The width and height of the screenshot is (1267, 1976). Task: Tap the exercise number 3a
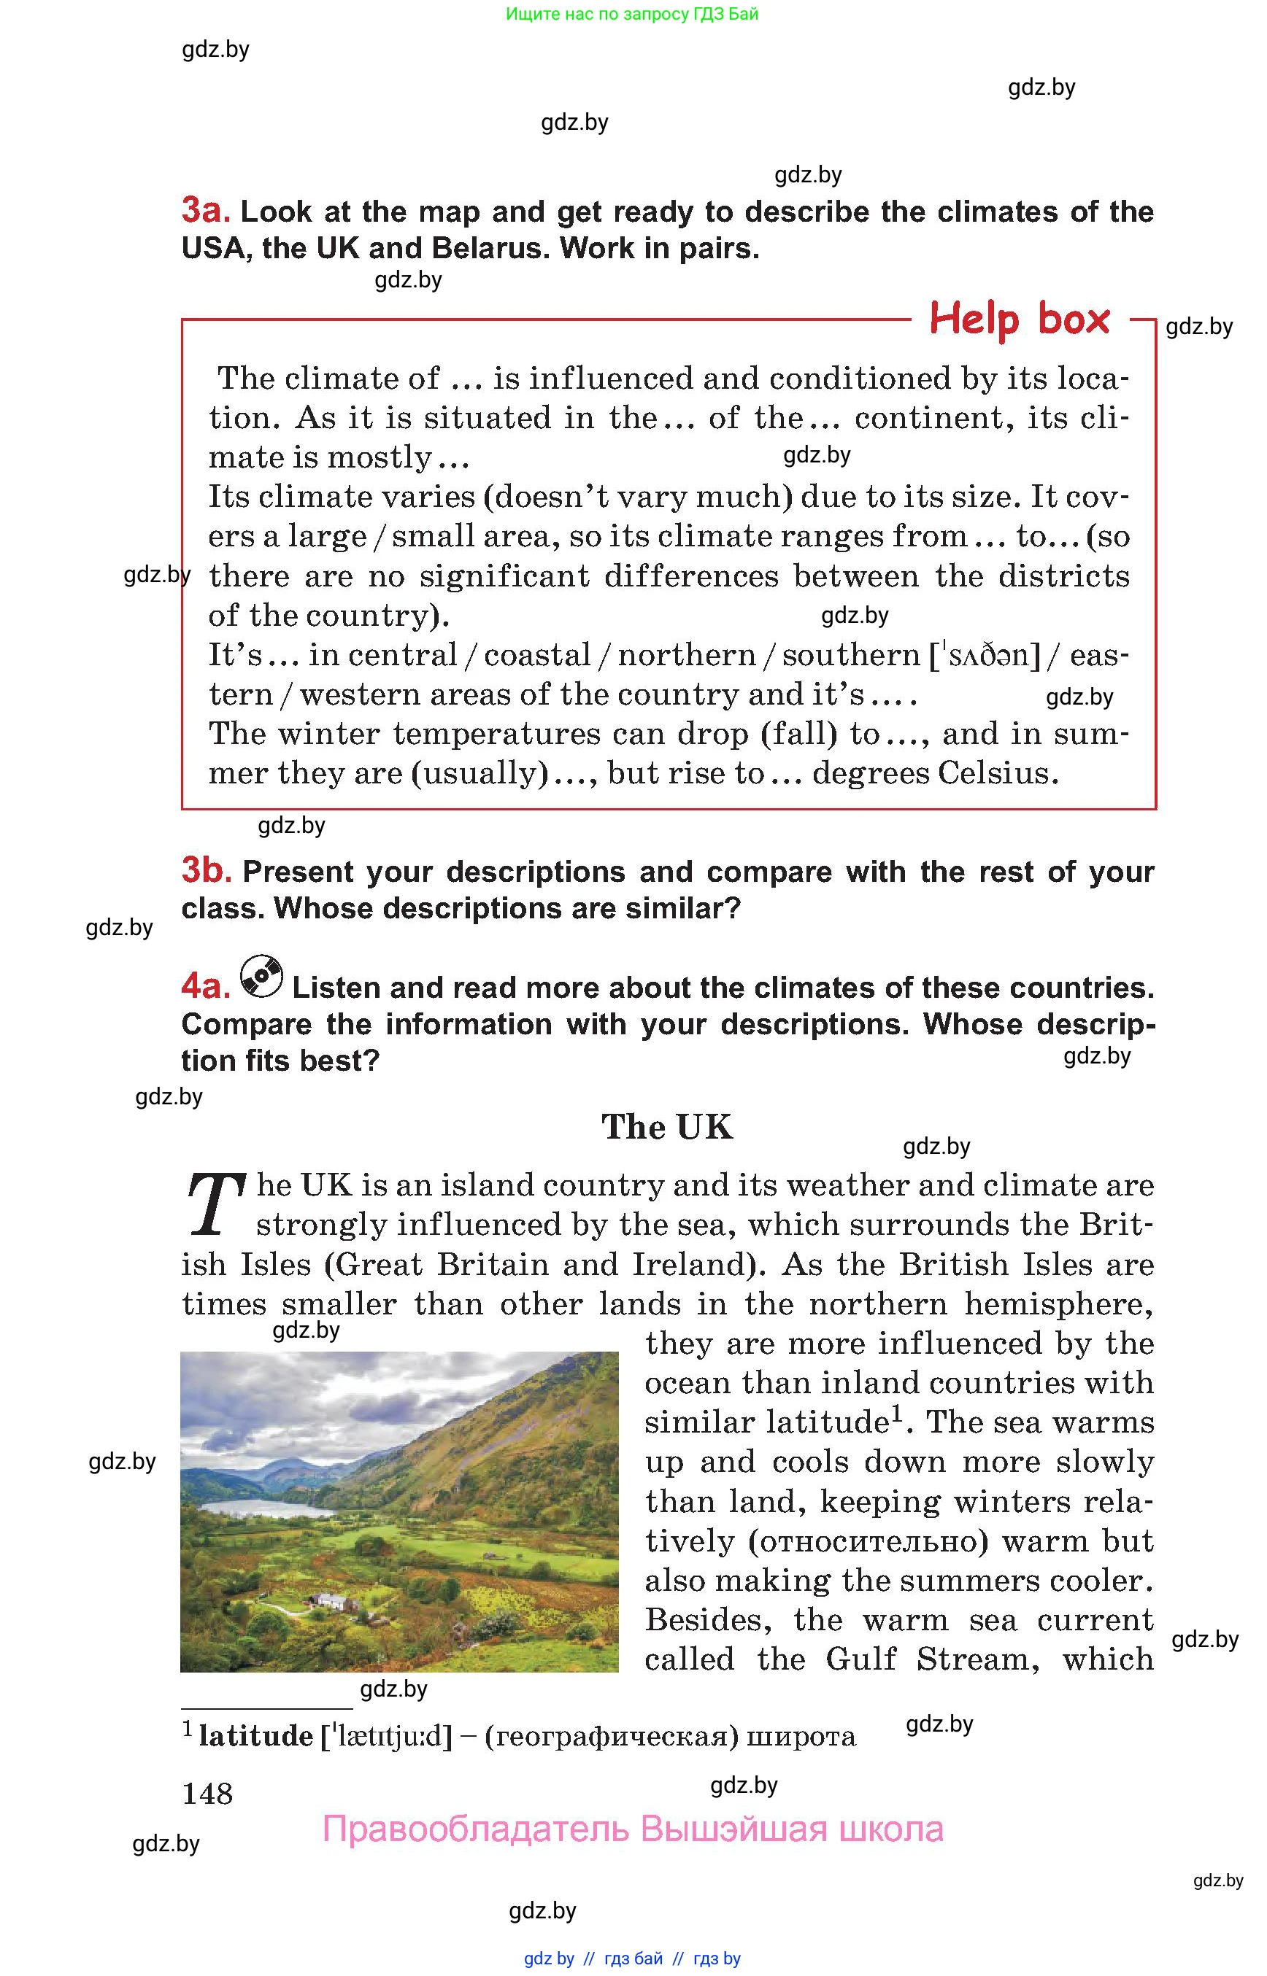click(x=206, y=211)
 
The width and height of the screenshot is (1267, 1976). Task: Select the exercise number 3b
click(x=207, y=870)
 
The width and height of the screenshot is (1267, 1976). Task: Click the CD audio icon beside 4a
click(x=261, y=977)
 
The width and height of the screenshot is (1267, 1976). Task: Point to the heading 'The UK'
click(x=666, y=1126)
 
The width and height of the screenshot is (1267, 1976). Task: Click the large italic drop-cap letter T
click(x=215, y=1206)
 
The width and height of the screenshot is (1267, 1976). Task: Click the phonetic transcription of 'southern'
click(x=985, y=655)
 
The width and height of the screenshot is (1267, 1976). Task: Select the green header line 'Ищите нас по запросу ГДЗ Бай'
click(x=632, y=14)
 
